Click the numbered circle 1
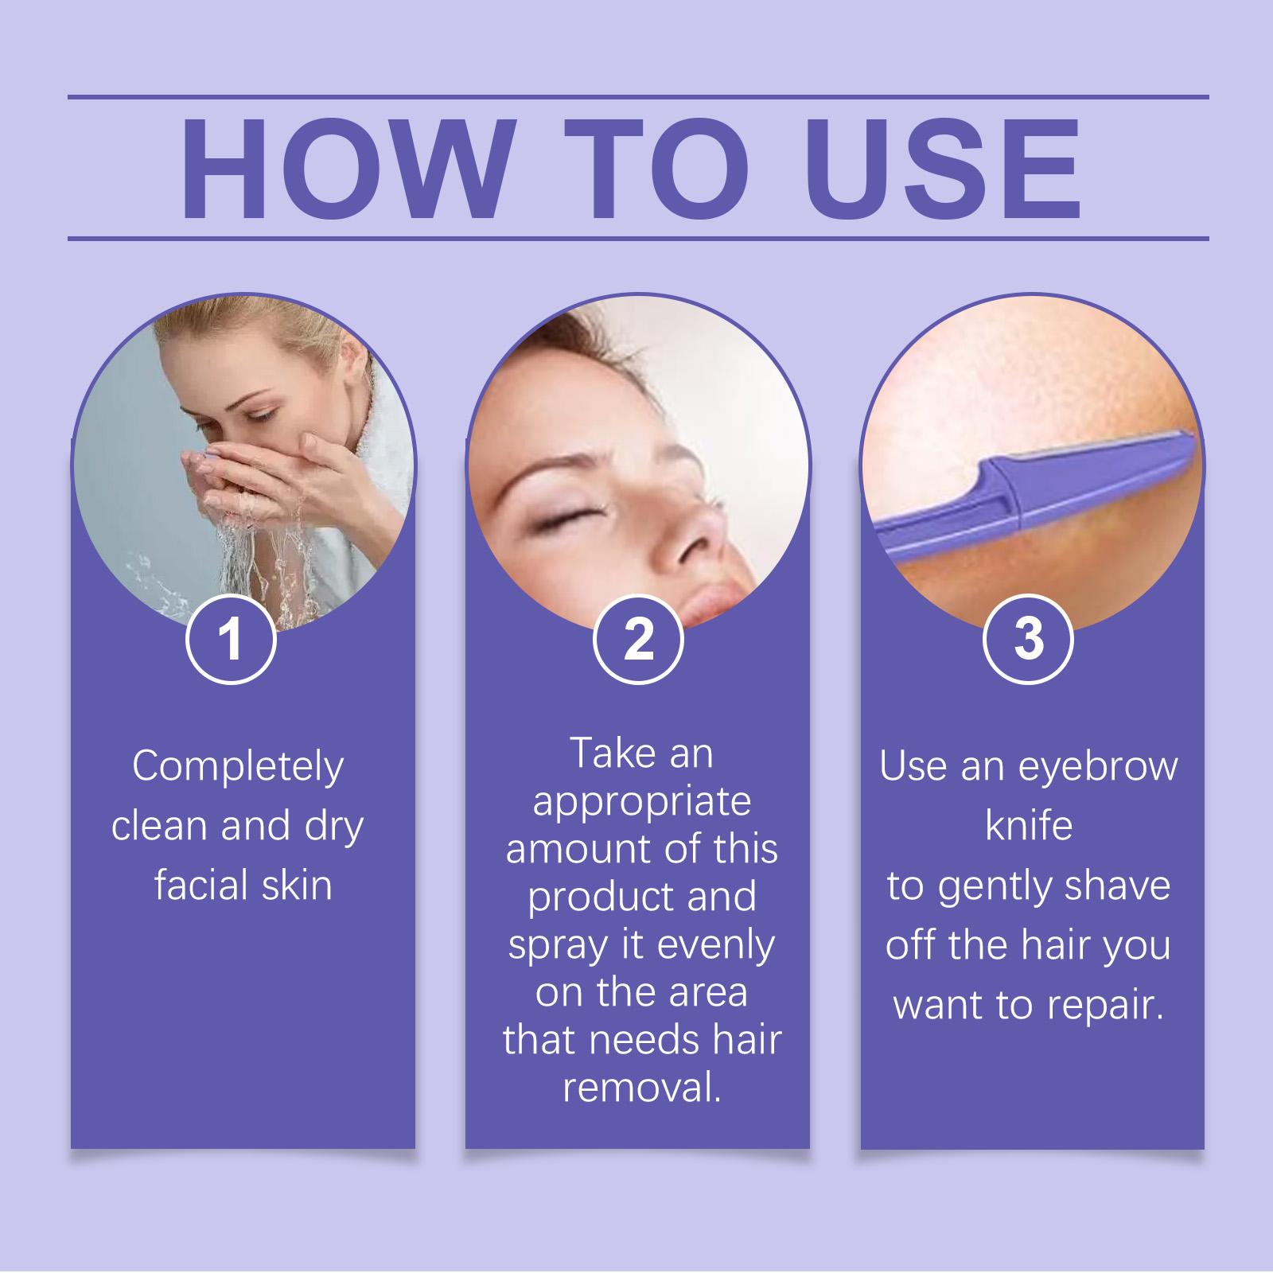point(231,639)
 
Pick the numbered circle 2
point(638,639)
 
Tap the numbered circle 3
point(1028,639)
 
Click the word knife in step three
point(1029,825)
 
